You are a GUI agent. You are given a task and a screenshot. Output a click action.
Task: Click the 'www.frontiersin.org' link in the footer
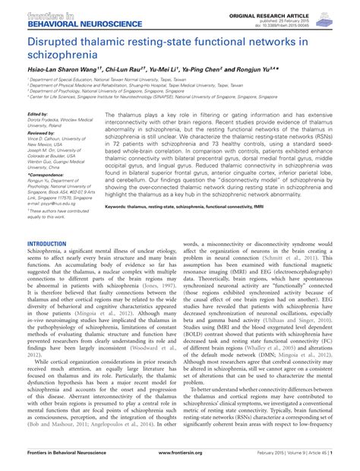coord(180,461)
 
